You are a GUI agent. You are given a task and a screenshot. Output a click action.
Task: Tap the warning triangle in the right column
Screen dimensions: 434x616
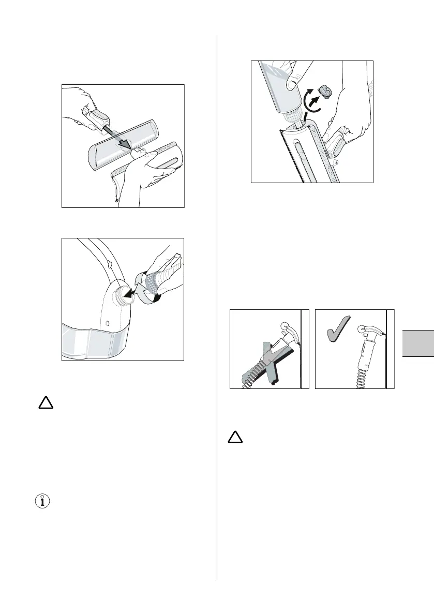tap(235, 438)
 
